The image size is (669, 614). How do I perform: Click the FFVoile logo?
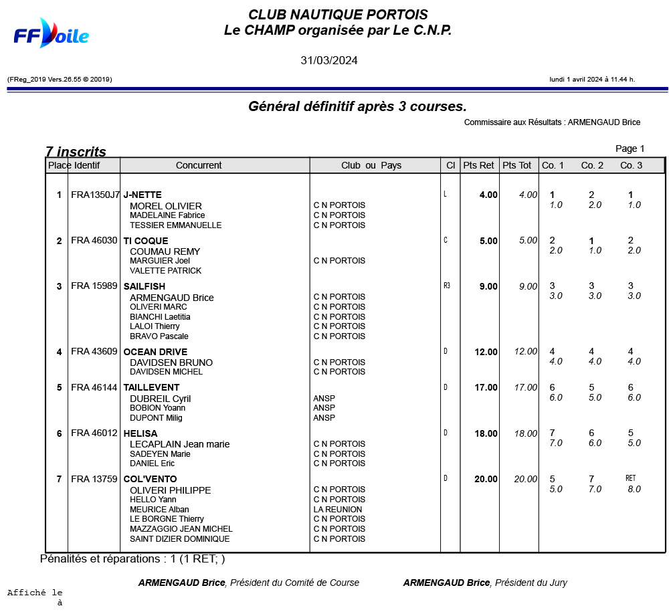click(51, 33)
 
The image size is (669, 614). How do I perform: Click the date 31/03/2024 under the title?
click(328, 60)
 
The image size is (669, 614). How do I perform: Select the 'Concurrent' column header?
click(199, 165)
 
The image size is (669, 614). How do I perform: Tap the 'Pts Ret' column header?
click(478, 165)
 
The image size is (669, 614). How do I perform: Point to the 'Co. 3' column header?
click(631, 165)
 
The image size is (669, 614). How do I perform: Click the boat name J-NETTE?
click(142, 195)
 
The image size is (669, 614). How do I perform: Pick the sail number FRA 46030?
click(94, 241)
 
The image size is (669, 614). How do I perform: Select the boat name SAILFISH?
click(144, 286)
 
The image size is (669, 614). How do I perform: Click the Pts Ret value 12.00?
click(486, 352)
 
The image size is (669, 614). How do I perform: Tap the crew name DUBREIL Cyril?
click(161, 399)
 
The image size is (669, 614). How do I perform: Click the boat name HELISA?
click(140, 433)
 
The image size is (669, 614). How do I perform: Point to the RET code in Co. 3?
click(630, 478)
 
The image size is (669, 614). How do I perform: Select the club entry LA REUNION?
click(338, 509)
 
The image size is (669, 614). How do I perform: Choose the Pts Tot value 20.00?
click(525, 479)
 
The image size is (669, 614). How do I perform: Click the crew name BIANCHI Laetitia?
click(160, 316)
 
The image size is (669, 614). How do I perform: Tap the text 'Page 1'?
click(630, 148)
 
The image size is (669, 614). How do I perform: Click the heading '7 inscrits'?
click(76, 152)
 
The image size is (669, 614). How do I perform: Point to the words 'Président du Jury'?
click(531, 583)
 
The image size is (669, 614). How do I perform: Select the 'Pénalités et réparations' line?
click(132, 558)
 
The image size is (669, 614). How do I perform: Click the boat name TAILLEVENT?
click(151, 387)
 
